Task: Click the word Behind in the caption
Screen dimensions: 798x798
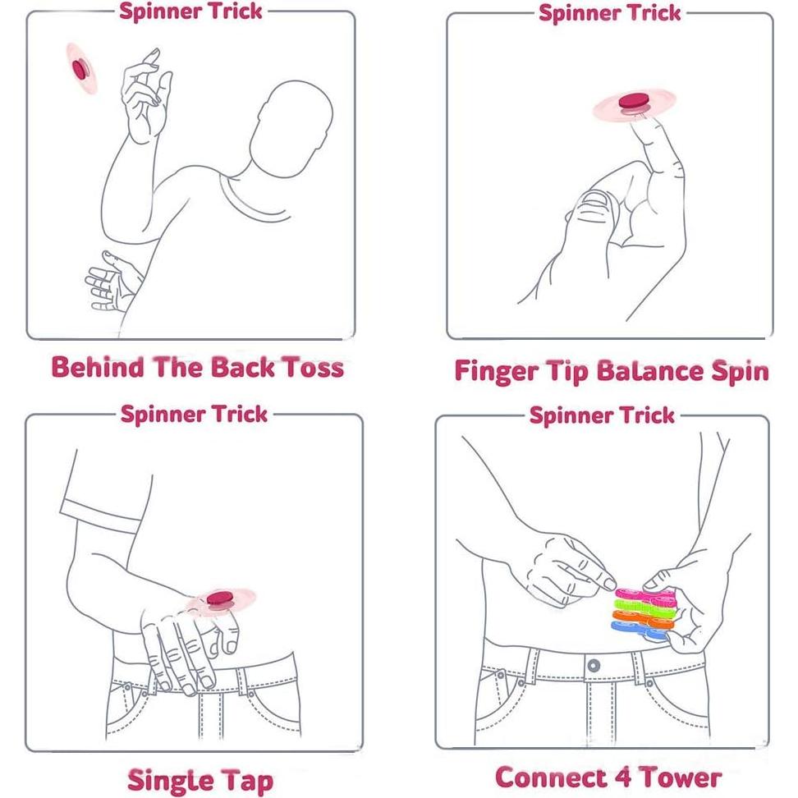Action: click(98, 367)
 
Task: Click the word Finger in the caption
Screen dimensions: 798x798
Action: click(496, 372)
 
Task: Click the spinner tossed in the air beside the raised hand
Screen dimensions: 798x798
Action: click(81, 69)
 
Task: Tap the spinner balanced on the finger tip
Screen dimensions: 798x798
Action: click(635, 105)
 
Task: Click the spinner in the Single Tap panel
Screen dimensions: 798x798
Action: click(221, 601)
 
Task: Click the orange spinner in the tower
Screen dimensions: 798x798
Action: click(642, 618)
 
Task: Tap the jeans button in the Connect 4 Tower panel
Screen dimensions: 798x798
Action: click(594, 665)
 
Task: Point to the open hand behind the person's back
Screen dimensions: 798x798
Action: click(112, 282)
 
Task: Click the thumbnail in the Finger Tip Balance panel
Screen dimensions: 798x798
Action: click(594, 199)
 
